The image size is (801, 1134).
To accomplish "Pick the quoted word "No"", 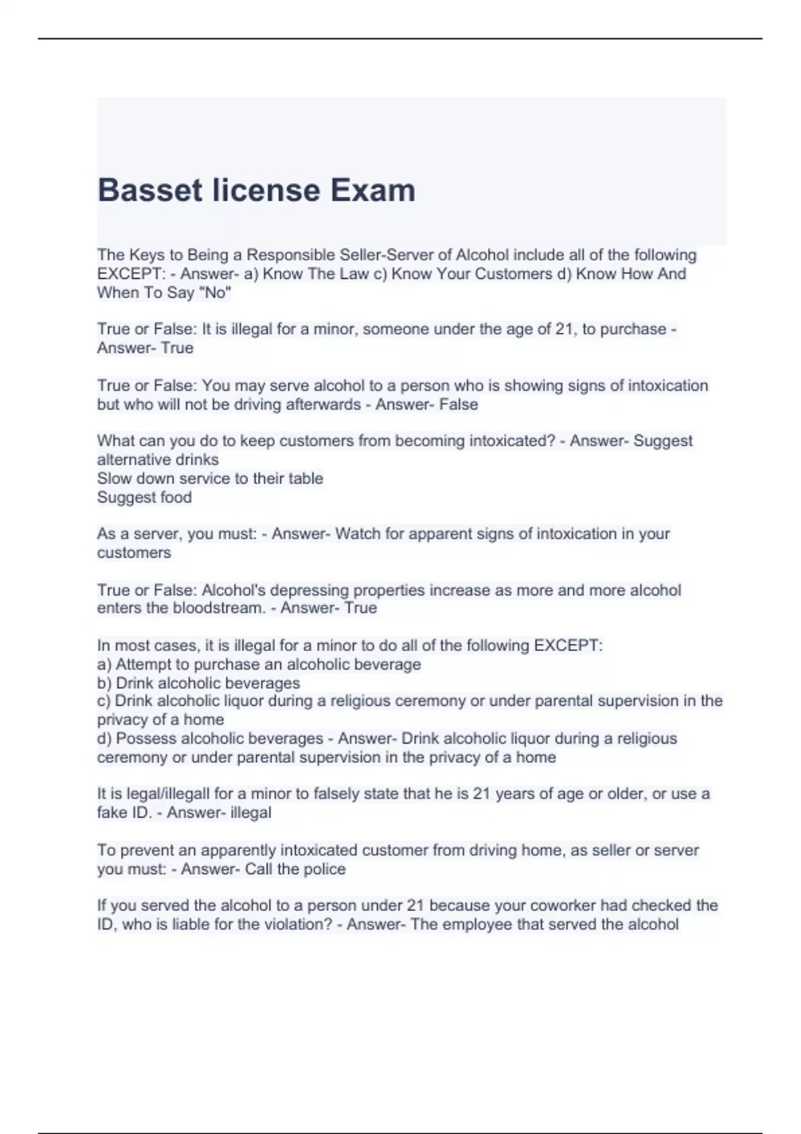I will point(214,292).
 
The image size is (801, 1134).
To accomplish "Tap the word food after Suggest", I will point(174,497).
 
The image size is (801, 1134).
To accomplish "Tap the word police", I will point(324,869).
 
